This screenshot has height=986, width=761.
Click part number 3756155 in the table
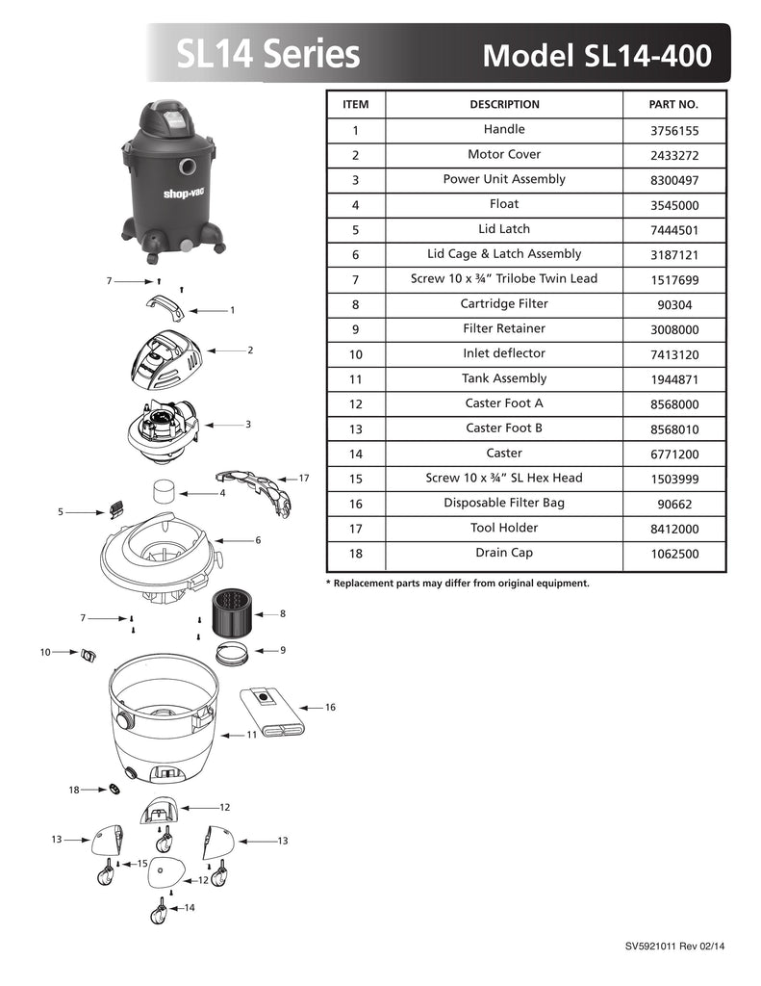tap(673, 130)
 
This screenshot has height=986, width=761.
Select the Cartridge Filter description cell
tap(504, 304)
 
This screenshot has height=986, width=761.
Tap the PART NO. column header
tap(673, 104)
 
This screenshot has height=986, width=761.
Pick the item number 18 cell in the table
tap(355, 554)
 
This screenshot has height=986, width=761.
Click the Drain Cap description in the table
tap(504, 554)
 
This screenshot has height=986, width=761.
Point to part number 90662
tap(673, 504)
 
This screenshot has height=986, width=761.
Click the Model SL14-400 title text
tap(596, 55)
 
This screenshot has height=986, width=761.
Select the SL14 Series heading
tap(268, 54)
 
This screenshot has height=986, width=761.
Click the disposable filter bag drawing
tap(273, 712)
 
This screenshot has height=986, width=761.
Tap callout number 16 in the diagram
tap(330, 708)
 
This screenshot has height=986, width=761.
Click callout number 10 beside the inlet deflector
tap(44, 652)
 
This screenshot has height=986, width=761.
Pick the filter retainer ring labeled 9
tap(232, 652)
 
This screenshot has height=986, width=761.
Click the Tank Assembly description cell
tap(504, 379)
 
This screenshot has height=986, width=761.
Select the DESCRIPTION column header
tap(504, 104)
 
